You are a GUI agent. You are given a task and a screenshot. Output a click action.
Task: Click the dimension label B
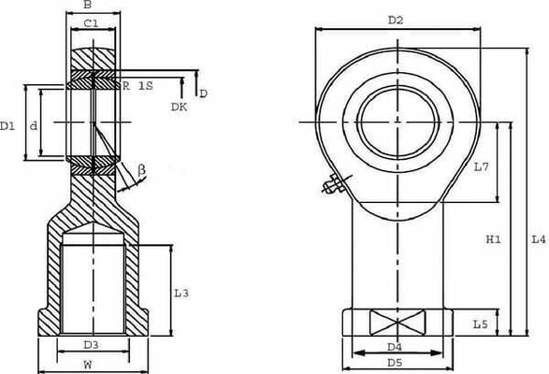(88, 5)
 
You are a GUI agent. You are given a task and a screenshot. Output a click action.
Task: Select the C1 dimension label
(91, 23)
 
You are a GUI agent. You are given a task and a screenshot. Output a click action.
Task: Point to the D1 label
(7, 125)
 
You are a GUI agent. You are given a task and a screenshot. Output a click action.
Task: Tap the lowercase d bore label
(34, 125)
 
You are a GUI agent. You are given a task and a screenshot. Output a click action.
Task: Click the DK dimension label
(179, 107)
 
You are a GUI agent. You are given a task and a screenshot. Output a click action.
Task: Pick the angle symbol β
(141, 170)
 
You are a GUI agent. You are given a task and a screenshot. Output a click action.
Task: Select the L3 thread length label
(181, 293)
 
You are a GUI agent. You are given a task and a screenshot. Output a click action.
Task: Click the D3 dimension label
(91, 345)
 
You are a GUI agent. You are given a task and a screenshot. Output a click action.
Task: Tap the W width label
(88, 365)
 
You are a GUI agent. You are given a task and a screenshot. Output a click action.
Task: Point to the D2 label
(396, 21)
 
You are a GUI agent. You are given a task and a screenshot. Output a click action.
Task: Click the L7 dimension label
(481, 167)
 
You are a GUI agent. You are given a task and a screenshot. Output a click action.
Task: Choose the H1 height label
(493, 239)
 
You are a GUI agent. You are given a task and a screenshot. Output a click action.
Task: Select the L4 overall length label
(539, 239)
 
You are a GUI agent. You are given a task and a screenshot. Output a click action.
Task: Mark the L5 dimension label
(481, 324)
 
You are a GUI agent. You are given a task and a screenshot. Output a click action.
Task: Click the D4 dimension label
(395, 347)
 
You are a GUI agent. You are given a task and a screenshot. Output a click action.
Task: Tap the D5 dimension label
(395, 363)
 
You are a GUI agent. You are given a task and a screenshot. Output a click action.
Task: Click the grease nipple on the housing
(335, 185)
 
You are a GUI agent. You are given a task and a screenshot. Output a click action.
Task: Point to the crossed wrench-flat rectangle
(397, 323)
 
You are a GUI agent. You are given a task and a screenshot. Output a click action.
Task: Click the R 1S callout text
(137, 85)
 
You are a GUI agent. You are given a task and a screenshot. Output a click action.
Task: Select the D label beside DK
(204, 93)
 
